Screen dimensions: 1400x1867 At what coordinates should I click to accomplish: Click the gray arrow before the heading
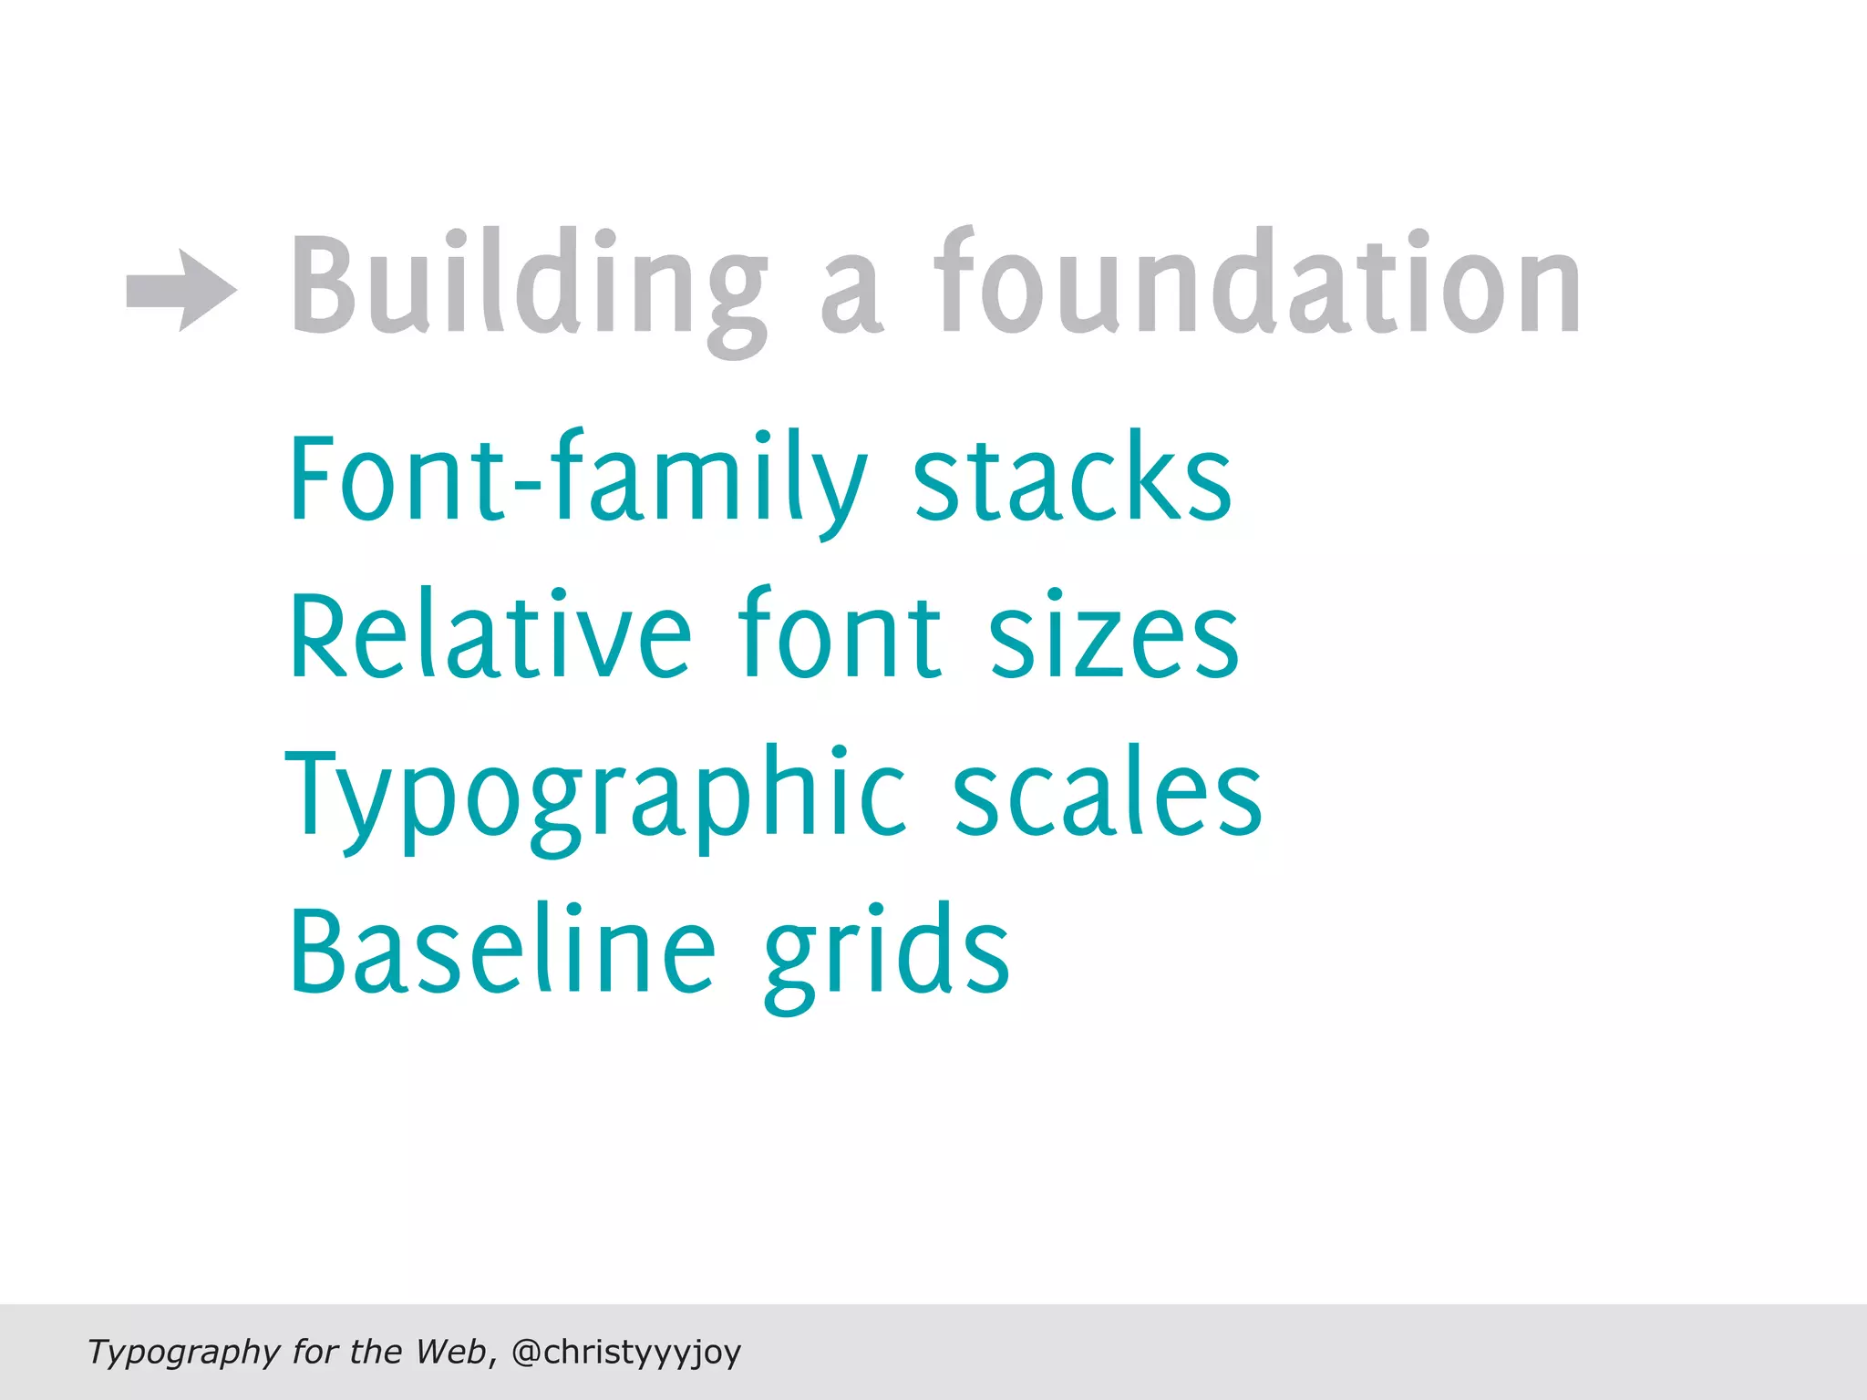[x=181, y=290]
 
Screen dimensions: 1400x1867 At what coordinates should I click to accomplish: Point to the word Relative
[x=490, y=635]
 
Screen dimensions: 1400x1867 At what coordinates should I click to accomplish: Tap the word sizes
[x=1113, y=635]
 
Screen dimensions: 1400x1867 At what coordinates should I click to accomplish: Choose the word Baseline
[x=502, y=950]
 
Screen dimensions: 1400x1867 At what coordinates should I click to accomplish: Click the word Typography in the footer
[x=183, y=1352]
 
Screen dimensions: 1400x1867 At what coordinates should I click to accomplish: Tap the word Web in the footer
[x=450, y=1351]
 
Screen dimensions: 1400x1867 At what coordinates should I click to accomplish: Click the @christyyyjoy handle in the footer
[x=626, y=1352]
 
